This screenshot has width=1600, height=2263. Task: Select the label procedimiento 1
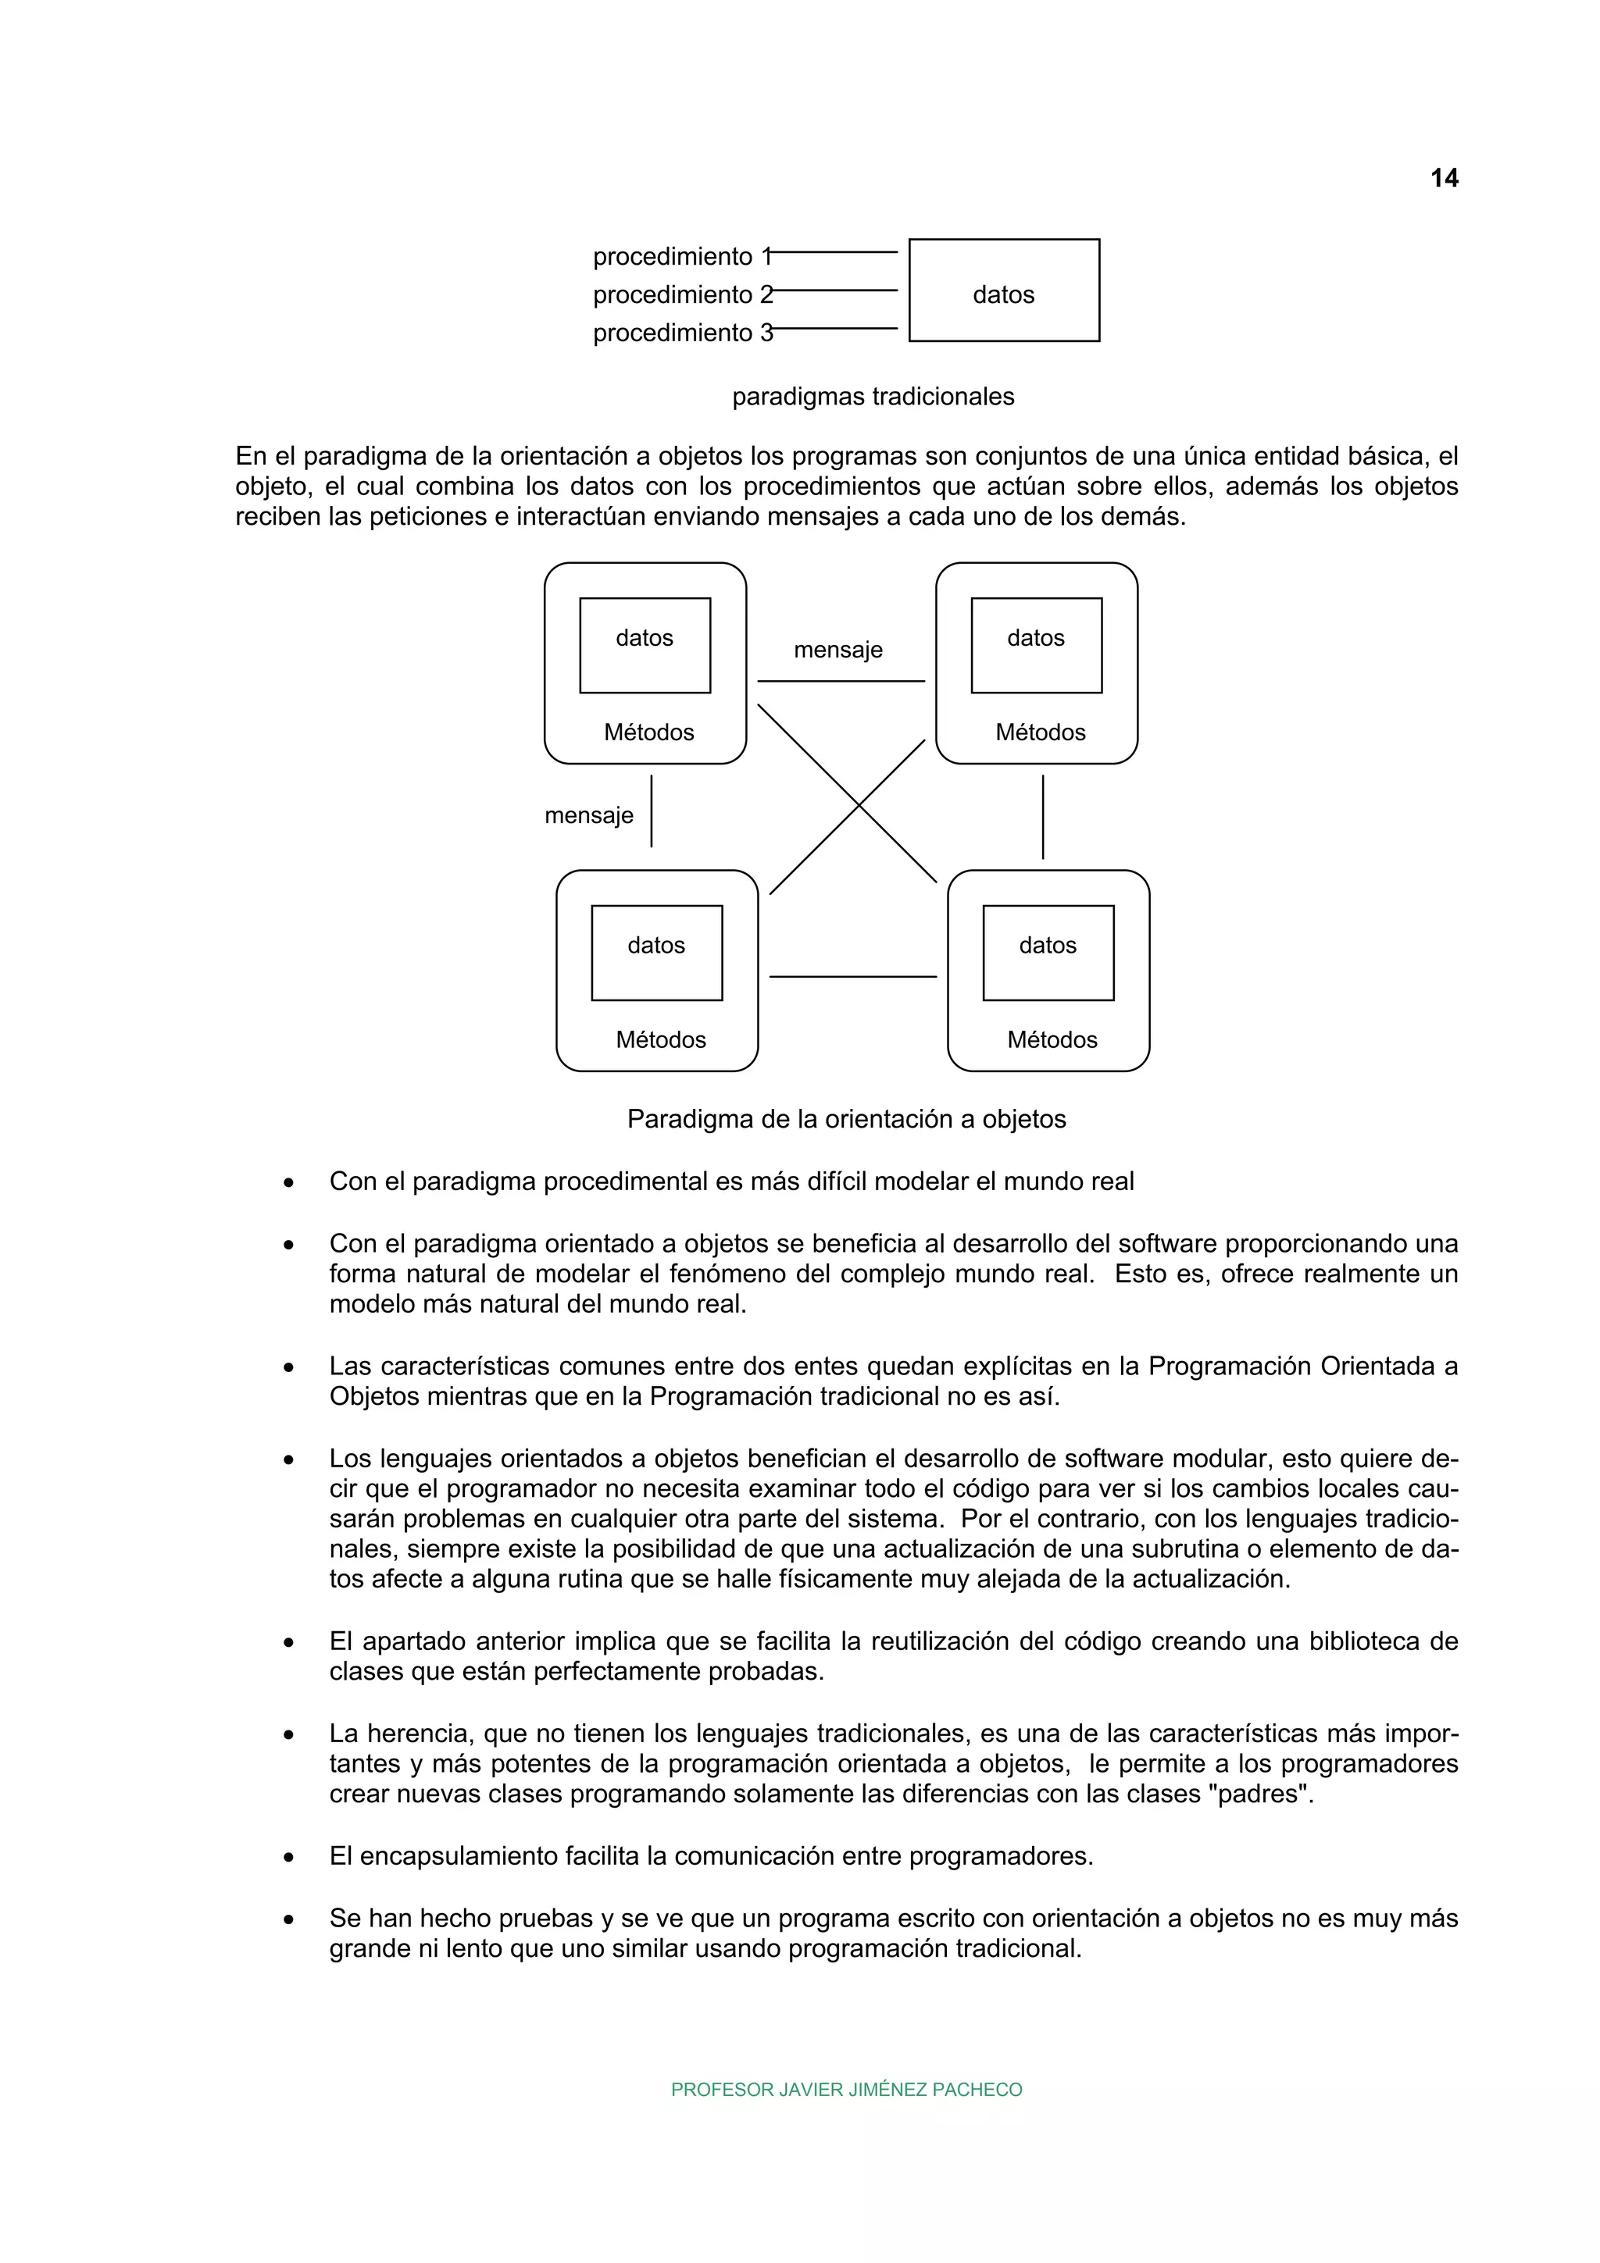pos(683,257)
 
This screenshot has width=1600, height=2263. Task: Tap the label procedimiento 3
pos(683,333)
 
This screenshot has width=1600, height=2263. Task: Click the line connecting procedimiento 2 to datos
pos(836,290)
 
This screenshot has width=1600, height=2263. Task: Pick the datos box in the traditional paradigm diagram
pos(1004,290)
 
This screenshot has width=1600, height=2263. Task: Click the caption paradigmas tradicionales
pos(873,397)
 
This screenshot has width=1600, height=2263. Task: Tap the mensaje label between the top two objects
pos(838,650)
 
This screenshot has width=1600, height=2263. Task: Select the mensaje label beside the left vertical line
pos(588,816)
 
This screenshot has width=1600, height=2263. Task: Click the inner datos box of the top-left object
pos(645,646)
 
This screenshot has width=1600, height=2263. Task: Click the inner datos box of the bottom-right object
pos(1048,953)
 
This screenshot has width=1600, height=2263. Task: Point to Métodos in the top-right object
pos(1040,732)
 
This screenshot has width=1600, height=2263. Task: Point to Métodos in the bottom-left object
pos(660,1040)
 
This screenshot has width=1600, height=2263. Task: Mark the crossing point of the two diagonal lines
pos(859,805)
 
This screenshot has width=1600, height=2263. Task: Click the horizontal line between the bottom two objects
pos(853,977)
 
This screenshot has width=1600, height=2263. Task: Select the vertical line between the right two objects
pos(1043,816)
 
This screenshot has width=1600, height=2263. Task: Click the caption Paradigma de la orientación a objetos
pos(846,1120)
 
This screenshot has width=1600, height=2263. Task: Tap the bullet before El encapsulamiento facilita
pos(289,1858)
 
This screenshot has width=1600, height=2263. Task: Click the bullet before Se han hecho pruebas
pos(289,1920)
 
